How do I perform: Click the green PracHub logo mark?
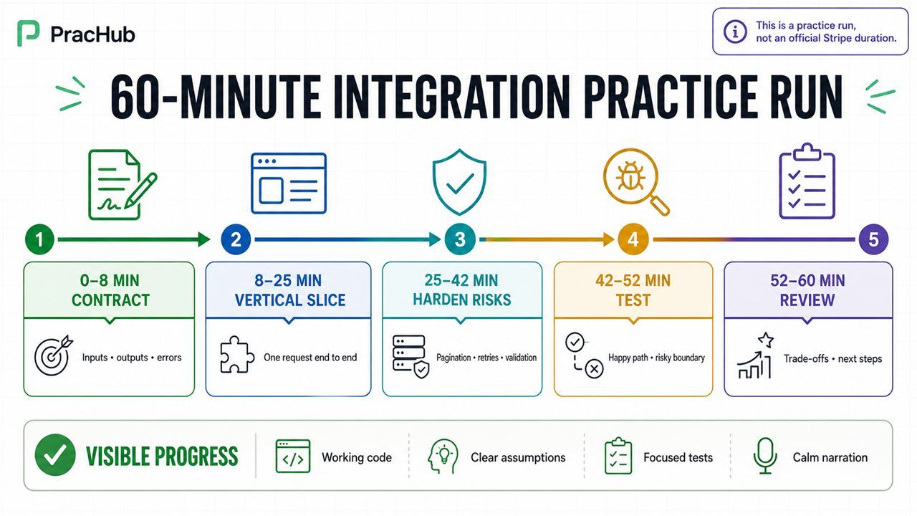(x=28, y=33)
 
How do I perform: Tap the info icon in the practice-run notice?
(x=735, y=31)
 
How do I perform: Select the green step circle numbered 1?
(x=39, y=239)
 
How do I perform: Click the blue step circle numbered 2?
(x=236, y=239)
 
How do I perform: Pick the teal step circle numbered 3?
(x=460, y=239)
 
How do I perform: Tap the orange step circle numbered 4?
(x=633, y=239)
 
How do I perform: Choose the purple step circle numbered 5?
(x=873, y=239)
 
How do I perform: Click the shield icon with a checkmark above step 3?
(x=460, y=182)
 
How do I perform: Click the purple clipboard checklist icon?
(x=807, y=181)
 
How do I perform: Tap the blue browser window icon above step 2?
(x=289, y=183)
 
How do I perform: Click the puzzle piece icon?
(x=237, y=355)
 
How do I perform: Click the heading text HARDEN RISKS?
(x=462, y=300)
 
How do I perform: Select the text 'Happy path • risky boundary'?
(x=657, y=358)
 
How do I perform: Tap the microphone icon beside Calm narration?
(x=765, y=456)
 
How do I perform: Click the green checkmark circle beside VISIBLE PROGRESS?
(x=55, y=455)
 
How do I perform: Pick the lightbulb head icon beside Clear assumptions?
(x=443, y=457)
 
